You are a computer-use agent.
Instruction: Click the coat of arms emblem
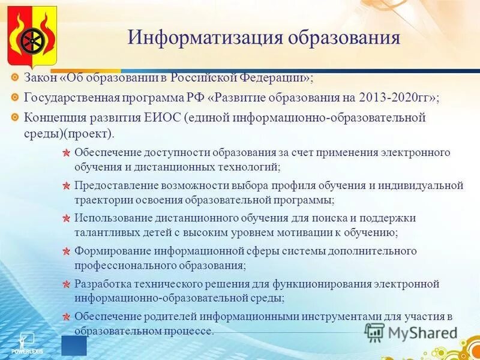point(32,37)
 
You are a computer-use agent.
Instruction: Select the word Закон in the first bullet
point(40,79)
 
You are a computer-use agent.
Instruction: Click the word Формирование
point(112,251)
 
